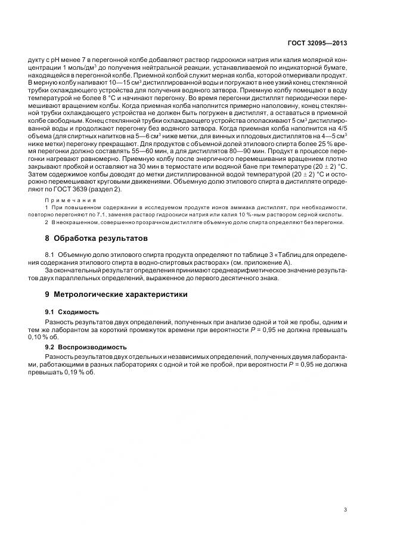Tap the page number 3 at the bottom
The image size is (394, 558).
tap(346, 509)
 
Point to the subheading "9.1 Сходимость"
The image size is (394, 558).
tap(72, 312)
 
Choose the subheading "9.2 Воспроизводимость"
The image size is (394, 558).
tap(86, 346)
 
